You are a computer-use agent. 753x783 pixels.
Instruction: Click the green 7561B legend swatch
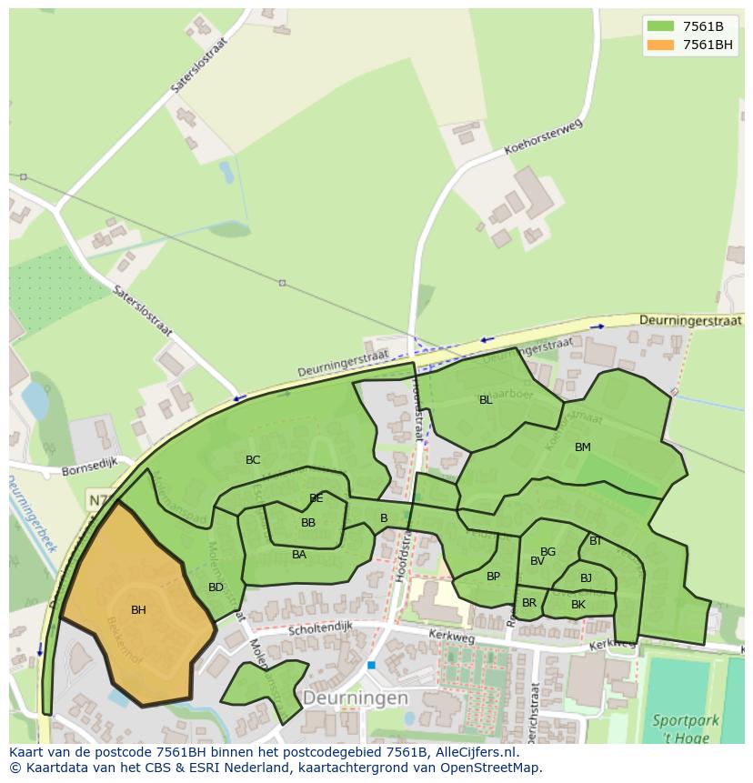pyautogui.click(x=660, y=27)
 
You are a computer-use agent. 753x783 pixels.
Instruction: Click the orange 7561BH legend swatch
pyautogui.click(x=660, y=45)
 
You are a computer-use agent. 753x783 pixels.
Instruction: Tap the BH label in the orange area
pyautogui.click(x=138, y=610)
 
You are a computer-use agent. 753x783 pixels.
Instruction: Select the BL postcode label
pyautogui.click(x=486, y=400)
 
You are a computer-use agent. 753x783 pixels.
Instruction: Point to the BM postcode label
pyautogui.click(x=583, y=447)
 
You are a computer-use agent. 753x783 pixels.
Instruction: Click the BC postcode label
pyautogui.click(x=253, y=460)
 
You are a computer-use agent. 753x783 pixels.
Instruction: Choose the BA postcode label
pyautogui.click(x=299, y=555)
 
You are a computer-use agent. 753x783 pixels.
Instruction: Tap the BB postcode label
pyautogui.click(x=308, y=523)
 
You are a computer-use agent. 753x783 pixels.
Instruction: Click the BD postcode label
pyautogui.click(x=216, y=587)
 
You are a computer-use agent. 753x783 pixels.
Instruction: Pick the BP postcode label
pyautogui.click(x=493, y=577)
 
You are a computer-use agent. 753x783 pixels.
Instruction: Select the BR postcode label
pyautogui.click(x=529, y=603)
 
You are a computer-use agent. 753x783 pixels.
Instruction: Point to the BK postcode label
pyautogui.click(x=578, y=605)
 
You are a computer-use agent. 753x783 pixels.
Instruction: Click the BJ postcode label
pyautogui.click(x=586, y=578)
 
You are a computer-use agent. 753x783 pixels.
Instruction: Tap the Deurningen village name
pyautogui.click(x=356, y=698)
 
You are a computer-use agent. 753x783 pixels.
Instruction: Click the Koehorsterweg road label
pyautogui.click(x=542, y=138)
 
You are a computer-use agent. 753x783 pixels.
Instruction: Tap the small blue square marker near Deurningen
pyautogui.click(x=371, y=666)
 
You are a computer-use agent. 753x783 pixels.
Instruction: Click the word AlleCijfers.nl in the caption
pyautogui.click(x=474, y=753)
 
